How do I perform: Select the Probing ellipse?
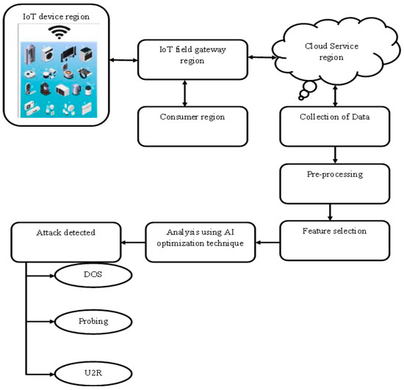coord(91,321)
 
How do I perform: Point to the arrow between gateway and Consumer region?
coord(184,92)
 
